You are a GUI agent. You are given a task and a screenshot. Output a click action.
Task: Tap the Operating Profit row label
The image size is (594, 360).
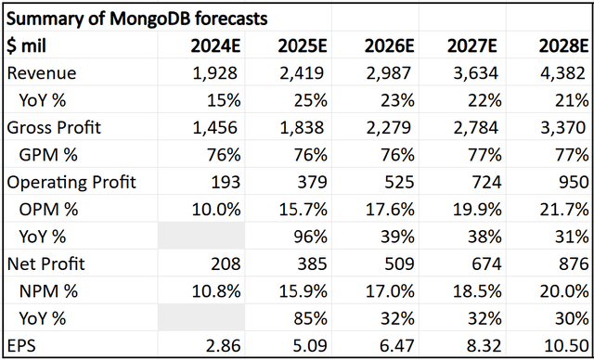[x=71, y=182]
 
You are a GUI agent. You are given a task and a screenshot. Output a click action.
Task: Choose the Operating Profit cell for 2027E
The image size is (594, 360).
[x=485, y=182]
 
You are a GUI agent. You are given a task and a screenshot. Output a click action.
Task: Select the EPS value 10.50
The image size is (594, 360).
[x=562, y=345]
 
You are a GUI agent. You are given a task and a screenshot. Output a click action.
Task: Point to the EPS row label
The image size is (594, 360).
[x=21, y=345]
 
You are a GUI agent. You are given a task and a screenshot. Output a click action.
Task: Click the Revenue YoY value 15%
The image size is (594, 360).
[x=227, y=99]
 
